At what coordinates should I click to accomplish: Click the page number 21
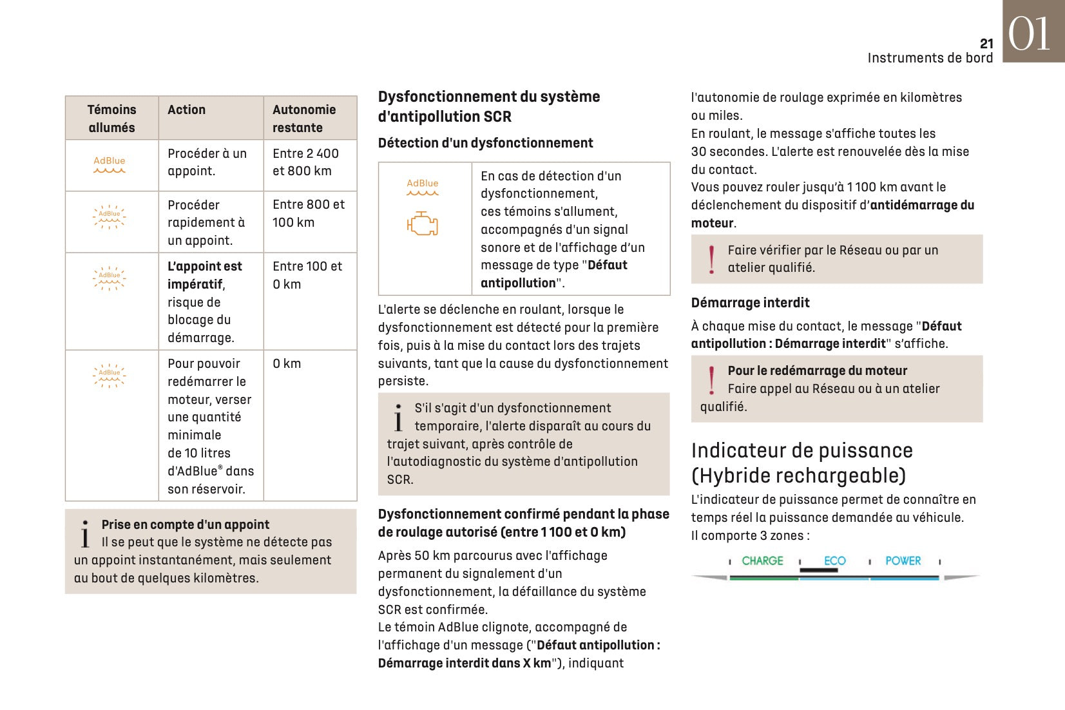coord(986,44)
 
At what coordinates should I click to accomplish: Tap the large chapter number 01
coord(1029,34)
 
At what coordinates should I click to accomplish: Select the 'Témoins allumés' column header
coord(111,119)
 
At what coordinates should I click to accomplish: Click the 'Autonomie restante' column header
coord(304,119)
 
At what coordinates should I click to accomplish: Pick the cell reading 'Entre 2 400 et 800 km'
coord(305,162)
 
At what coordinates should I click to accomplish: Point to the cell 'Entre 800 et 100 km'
coord(309,213)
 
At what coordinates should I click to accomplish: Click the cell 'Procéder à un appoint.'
coord(207,162)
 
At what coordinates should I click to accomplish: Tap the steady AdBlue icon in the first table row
coord(110,164)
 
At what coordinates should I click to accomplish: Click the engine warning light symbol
coord(422,224)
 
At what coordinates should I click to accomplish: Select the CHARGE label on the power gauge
coord(762,561)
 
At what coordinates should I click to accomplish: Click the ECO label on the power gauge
coord(834,561)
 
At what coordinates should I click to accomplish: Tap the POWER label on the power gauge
coord(903,561)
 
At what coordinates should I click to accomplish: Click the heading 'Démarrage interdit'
coord(750,303)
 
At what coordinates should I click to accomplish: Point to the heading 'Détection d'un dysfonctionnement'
coord(485,143)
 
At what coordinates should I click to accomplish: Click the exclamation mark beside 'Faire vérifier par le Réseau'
coord(711,259)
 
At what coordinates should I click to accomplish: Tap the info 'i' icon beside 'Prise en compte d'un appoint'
coord(85,534)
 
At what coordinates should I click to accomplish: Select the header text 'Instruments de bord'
coord(930,58)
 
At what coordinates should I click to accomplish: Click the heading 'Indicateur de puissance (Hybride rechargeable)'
coord(801,463)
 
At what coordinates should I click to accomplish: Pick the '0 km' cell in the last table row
coord(287,364)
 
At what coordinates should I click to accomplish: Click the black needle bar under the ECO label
coord(818,570)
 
